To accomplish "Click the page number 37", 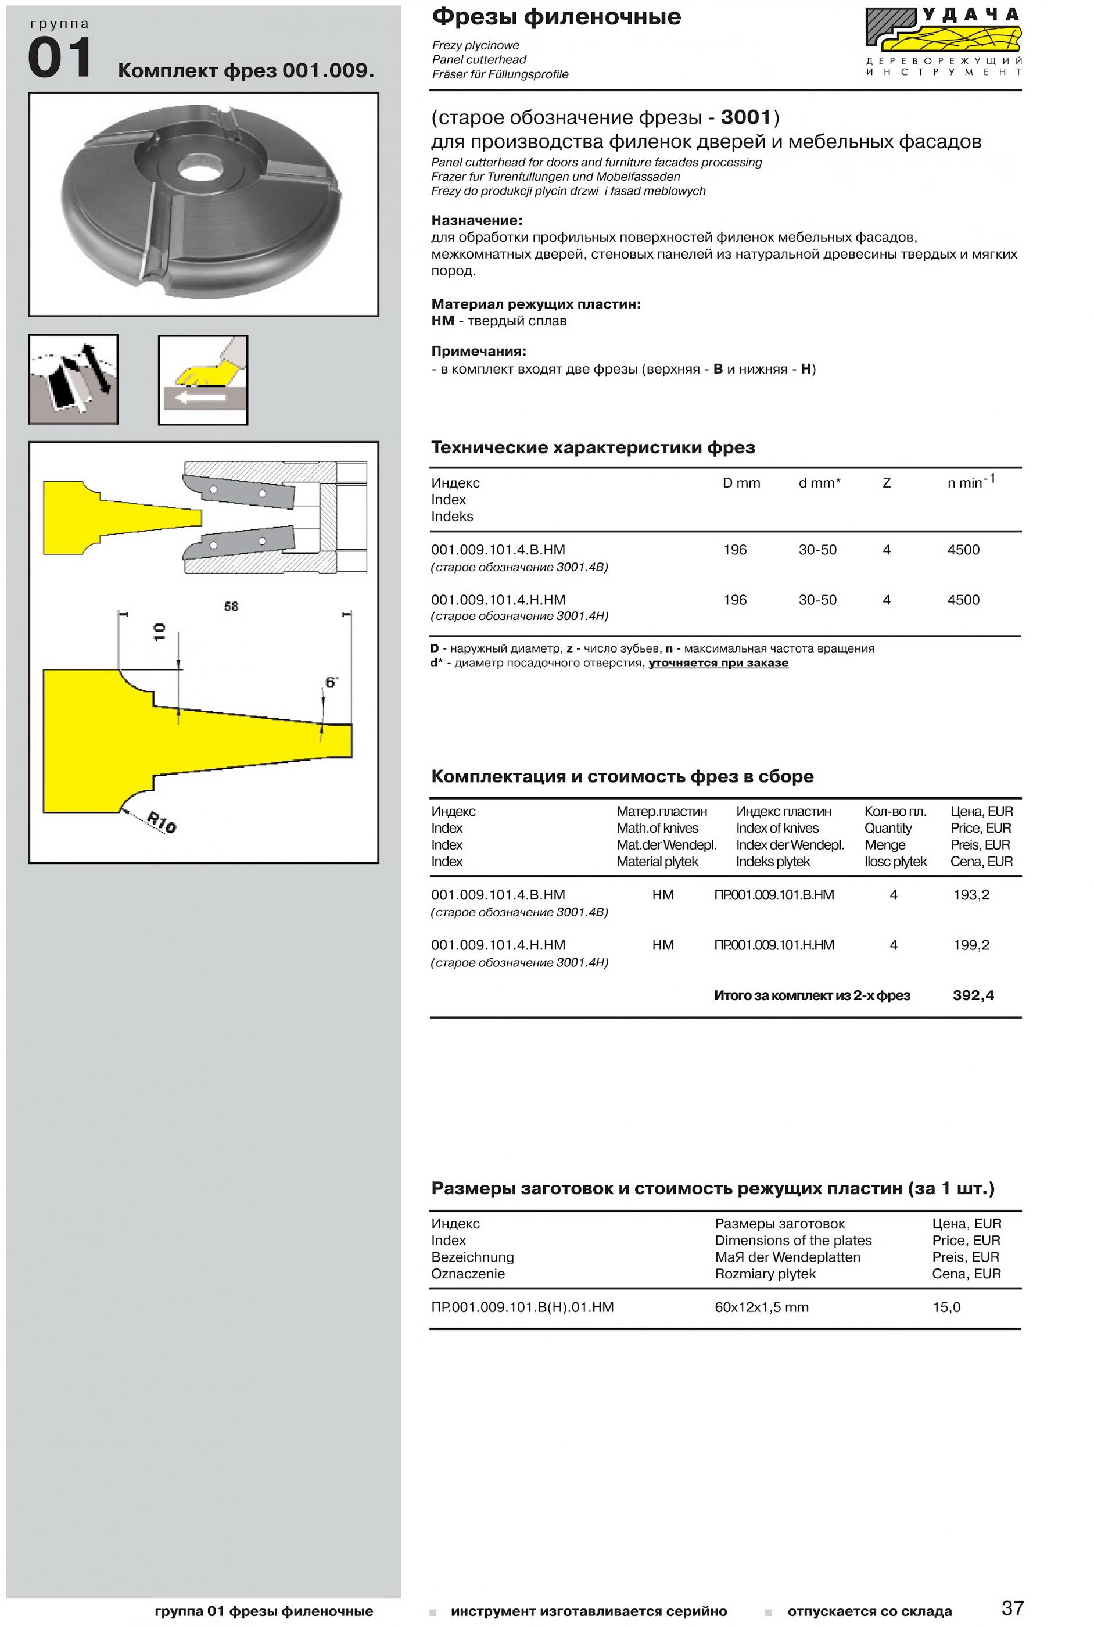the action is point(1012,1608).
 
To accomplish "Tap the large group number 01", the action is point(60,58).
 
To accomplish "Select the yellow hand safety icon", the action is point(203,379).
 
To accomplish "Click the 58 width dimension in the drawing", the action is point(231,606).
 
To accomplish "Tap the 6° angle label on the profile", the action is point(331,682).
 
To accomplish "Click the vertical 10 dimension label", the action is point(160,632).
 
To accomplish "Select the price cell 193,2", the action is point(971,895).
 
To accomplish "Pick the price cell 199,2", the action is point(971,945).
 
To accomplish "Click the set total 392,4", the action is point(973,995).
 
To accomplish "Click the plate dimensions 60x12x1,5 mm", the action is point(761,1307).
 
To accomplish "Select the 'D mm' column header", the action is point(742,483).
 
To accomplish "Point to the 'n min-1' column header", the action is point(971,481).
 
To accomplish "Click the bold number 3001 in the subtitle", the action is point(746,117).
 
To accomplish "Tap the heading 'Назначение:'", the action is point(476,220).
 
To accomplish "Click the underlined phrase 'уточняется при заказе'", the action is point(719,663).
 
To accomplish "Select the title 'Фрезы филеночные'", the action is point(556,17).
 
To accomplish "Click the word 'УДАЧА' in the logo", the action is point(973,15).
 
